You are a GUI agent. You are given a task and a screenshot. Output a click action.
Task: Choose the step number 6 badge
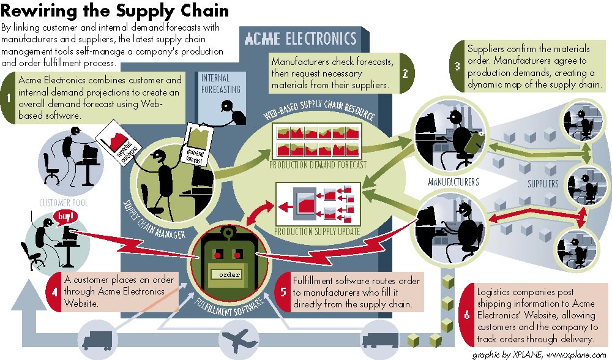(x=466, y=315)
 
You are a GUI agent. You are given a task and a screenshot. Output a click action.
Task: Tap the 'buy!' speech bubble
(x=66, y=216)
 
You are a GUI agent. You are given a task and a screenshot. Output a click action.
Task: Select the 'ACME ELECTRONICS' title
(x=300, y=39)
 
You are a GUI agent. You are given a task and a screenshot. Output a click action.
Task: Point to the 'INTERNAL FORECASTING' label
(x=220, y=84)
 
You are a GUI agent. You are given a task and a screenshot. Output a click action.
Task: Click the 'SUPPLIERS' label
(x=543, y=183)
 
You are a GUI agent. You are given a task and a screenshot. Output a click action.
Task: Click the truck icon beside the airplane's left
(x=97, y=339)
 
